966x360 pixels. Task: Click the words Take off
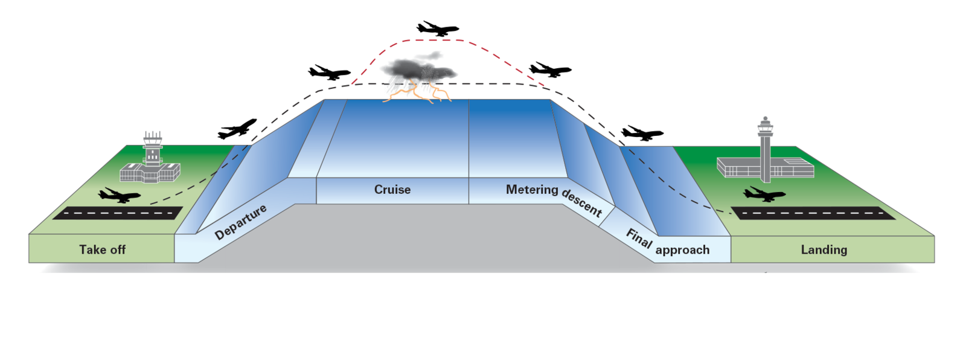(102, 249)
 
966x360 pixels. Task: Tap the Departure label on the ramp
(240, 222)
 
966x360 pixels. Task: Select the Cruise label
(392, 189)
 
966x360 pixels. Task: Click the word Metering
(532, 189)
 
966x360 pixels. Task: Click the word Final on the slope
(639, 238)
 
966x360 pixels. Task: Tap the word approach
(682, 249)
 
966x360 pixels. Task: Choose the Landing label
(824, 249)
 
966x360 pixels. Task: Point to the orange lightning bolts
(423, 92)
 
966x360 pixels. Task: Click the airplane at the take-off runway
(120, 196)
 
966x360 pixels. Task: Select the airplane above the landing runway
(764, 194)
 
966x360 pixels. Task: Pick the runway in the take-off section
(118, 213)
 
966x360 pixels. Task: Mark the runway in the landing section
(813, 213)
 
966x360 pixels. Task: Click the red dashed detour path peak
(432, 40)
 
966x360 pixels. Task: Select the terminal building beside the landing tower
(790, 167)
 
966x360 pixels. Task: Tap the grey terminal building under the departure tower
(150, 173)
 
